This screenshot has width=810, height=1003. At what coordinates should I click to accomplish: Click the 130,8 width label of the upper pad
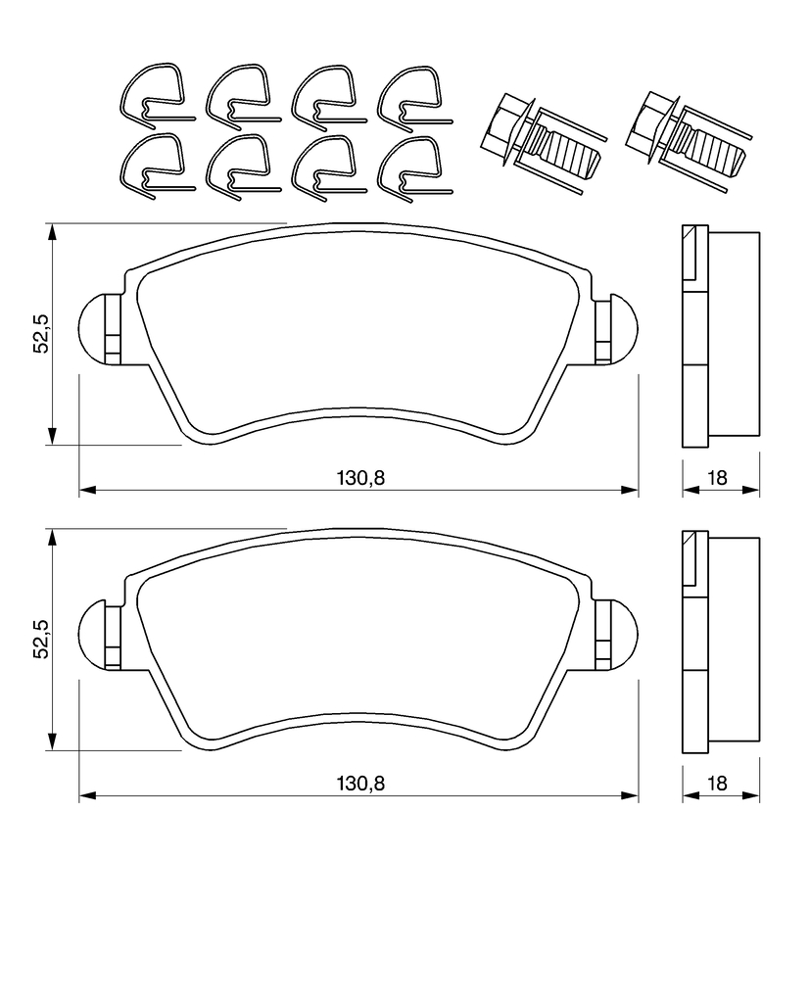point(360,477)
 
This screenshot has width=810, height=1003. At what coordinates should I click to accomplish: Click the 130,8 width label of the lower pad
point(360,783)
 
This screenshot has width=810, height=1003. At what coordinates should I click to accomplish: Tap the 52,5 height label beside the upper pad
point(41,334)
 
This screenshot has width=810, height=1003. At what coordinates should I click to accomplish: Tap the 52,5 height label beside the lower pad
point(41,639)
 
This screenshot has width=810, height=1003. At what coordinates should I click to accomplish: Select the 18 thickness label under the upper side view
point(718,477)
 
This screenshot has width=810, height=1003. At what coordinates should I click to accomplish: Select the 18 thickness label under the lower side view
point(718,783)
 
